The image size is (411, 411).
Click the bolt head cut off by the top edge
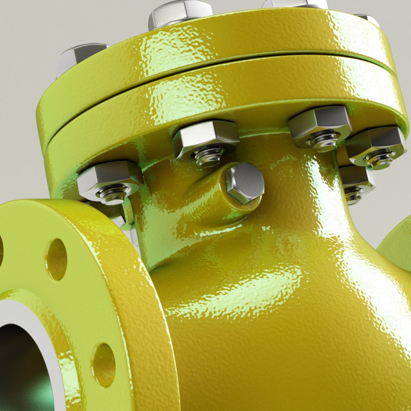click(x=295, y=4)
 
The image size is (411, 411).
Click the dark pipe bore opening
click(x=21, y=365)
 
